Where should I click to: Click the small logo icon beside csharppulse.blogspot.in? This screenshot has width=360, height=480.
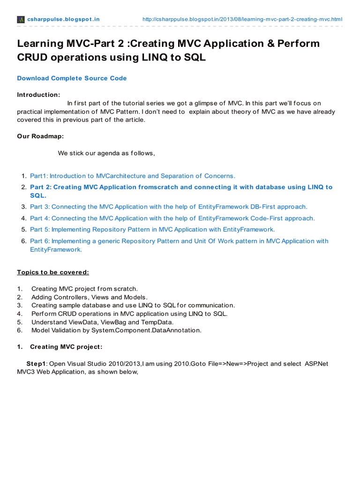click(21, 19)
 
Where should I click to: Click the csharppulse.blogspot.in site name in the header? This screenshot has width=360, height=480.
click(63, 19)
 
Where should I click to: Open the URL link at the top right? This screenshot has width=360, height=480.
click(242, 19)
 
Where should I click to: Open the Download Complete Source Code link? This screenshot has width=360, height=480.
click(72, 78)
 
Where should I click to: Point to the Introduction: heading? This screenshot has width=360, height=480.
click(38, 95)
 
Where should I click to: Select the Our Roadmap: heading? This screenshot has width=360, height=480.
click(40, 136)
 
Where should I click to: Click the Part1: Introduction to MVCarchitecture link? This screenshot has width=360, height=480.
click(132, 176)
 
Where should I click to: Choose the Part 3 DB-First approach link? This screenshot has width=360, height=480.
click(169, 206)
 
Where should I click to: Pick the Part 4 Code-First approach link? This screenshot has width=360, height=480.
click(172, 218)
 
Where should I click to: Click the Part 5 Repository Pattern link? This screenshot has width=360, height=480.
click(152, 229)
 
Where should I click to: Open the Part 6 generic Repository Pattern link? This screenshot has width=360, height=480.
click(179, 241)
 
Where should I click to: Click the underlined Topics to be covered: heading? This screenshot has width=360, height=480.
click(53, 272)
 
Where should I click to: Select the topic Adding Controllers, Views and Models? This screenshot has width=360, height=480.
click(90, 297)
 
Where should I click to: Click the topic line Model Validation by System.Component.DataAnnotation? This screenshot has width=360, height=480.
click(116, 330)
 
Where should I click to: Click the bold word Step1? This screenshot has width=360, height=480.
click(37, 363)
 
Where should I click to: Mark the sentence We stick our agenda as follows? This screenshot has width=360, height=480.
click(106, 153)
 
